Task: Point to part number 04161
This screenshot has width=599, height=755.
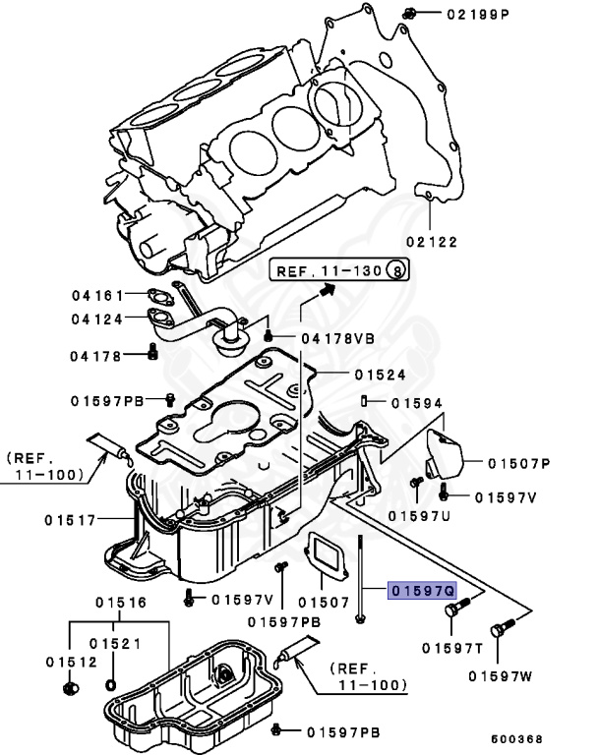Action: pos(96,294)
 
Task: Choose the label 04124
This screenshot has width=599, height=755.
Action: pos(96,319)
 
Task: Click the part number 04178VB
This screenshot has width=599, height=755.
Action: pos(337,338)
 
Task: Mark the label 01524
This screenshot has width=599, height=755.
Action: pos(380,375)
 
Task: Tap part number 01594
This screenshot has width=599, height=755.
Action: pos(417,402)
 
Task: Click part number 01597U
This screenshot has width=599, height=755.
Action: pos(418,515)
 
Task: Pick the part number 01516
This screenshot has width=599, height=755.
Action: pos(120,603)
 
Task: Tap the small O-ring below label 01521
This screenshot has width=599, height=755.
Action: pos(109,682)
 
